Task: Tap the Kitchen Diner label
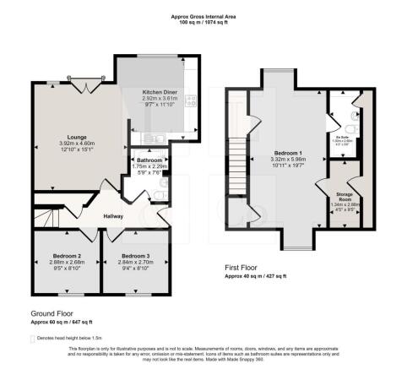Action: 159,91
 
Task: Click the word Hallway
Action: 114,216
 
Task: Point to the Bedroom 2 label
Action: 65,255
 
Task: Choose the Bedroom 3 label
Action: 135,255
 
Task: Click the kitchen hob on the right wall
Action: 190,102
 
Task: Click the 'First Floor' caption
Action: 241,268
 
